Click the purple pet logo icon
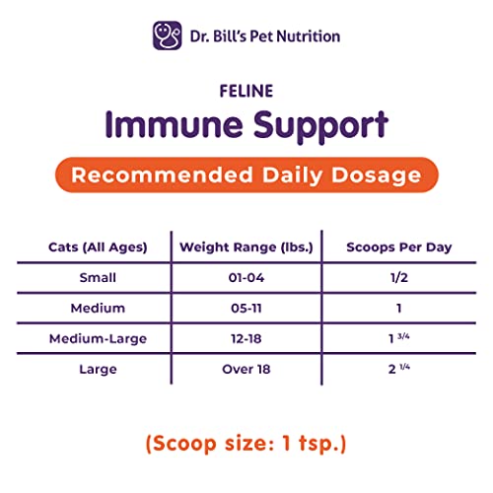[x=167, y=35]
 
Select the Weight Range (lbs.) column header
[x=246, y=246]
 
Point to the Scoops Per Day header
[x=398, y=246]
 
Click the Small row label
[x=98, y=278]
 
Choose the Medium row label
[x=98, y=309]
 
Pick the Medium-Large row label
[x=98, y=339]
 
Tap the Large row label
[x=98, y=370]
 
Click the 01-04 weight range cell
[x=246, y=278]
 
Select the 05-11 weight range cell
[x=246, y=309]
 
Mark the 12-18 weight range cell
[x=246, y=339]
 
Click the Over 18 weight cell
[x=246, y=370]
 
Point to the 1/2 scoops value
[x=398, y=278]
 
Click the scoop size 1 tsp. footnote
[x=246, y=444]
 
